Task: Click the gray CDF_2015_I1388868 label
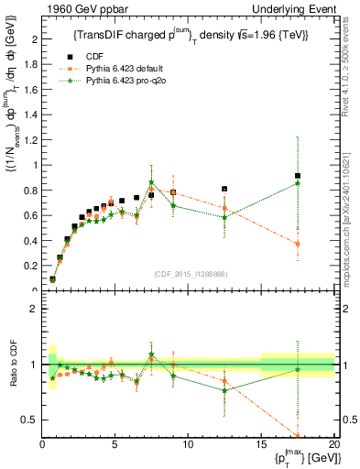[x=189, y=274]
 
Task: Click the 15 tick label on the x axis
[x=261, y=445]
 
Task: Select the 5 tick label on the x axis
[x=115, y=445]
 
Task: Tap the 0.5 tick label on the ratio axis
[x=29, y=420]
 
